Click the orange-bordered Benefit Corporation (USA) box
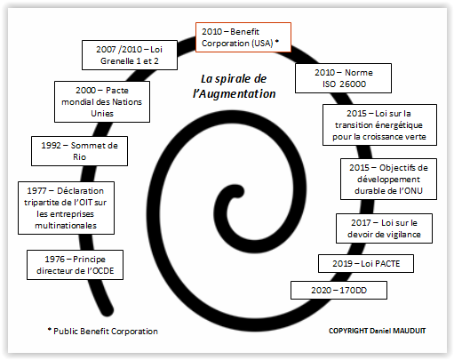[243, 37]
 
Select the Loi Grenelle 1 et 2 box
[130, 55]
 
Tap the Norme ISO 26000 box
[343, 78]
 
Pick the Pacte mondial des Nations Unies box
[102, 101]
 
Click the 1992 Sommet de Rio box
[79, 151]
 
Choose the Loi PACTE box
[366, 263]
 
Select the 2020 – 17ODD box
[339, 290]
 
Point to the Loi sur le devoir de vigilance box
[384, 228]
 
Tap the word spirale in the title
[233, 79]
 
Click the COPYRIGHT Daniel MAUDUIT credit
[377, 331]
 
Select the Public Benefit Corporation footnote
[103, 331]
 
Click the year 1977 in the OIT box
[36, 191]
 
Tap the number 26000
[352, 84]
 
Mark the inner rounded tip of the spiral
[237, 191]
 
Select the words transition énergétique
[378, 125]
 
